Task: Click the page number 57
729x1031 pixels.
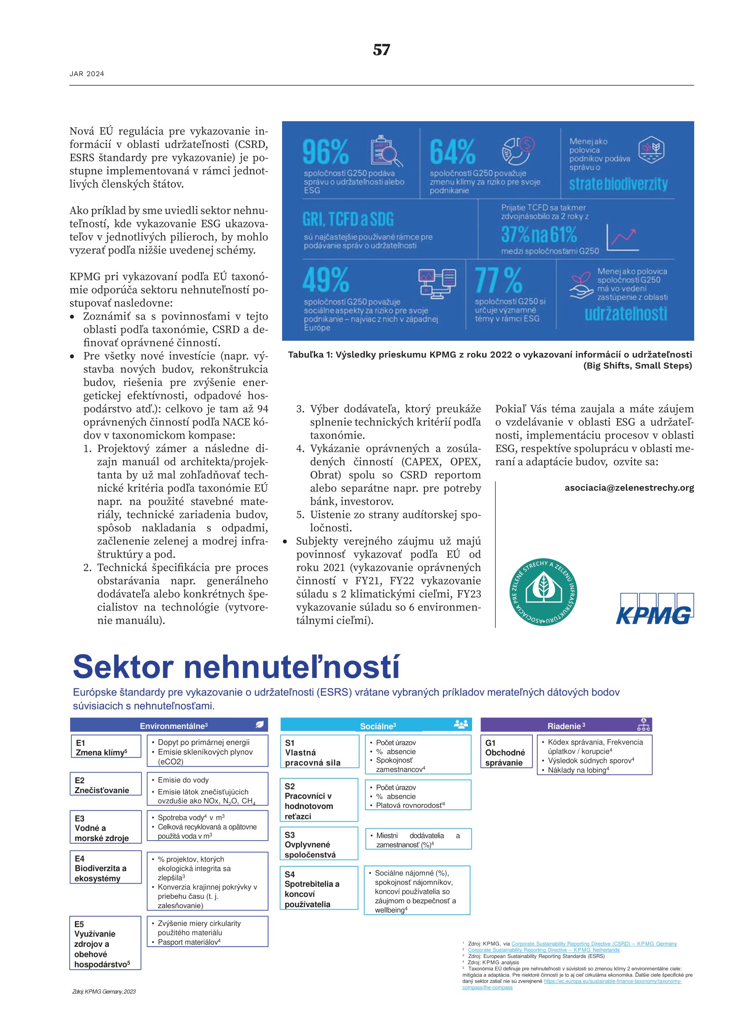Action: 381,50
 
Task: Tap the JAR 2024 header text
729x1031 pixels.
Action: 87,74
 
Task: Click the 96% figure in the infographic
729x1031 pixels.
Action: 325,152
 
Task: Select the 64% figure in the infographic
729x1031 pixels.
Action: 452,152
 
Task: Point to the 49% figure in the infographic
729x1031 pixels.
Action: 325,280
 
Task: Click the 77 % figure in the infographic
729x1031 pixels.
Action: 498,280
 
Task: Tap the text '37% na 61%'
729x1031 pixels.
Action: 539,234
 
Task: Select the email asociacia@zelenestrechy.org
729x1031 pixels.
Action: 629,488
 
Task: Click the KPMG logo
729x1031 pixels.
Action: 655,609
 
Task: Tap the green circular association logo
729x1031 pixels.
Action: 543,592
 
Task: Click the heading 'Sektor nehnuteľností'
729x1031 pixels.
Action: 236,667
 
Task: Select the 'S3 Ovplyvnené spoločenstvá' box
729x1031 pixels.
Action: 319,844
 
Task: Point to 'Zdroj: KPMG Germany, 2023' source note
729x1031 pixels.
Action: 104,991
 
